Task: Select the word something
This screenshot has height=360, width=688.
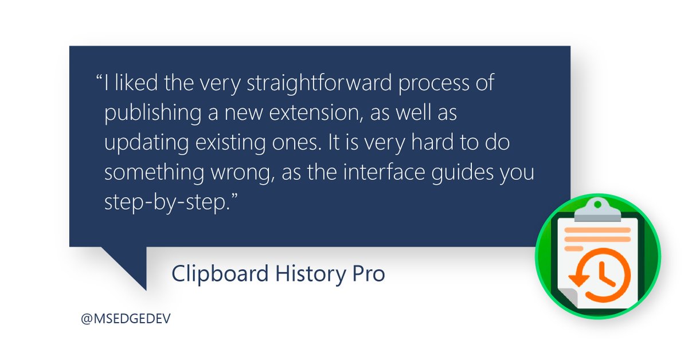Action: point(150,174)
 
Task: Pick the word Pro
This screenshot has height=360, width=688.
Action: point(368,274)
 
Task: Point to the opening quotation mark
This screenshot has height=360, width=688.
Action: point(99,80)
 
